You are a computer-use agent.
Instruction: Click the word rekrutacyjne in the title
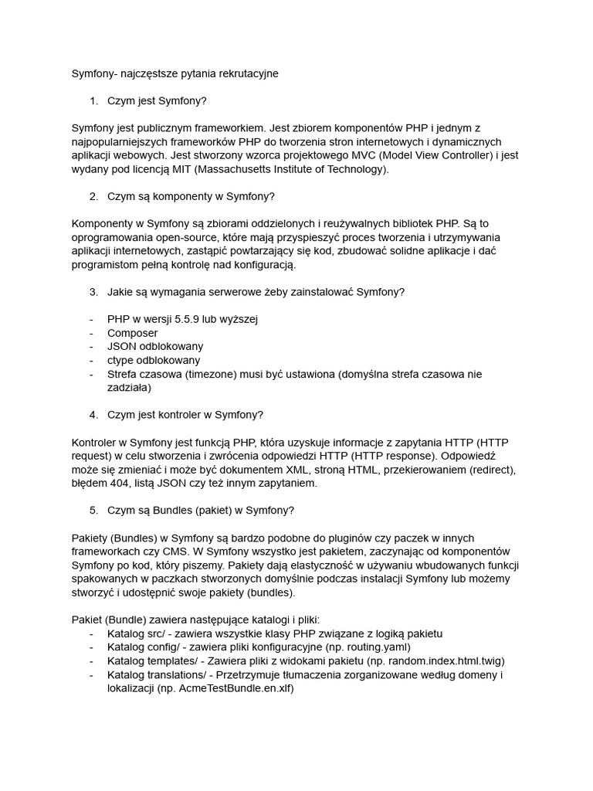click(x=244, y=74)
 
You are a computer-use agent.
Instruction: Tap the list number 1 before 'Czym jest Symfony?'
click(x=93, y=101)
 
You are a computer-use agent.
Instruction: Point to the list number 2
click(x=93, y=196)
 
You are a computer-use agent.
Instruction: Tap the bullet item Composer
click(x=132, y=333)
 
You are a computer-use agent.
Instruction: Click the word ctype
click(x=121, y=360)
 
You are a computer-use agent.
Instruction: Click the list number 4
click(x=93, y=415)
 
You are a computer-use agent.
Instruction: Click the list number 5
click(x=93, y=510)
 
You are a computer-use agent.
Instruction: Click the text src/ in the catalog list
click(x=163, y=633)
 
